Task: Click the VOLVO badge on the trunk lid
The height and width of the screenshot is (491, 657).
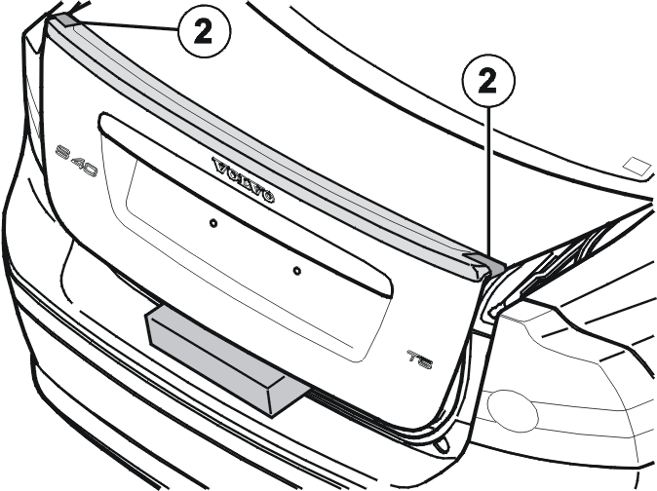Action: tap(244, 180)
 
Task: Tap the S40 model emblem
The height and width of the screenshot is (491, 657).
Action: tap(77, 161)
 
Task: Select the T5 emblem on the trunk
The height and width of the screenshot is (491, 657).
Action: tap(420, 359)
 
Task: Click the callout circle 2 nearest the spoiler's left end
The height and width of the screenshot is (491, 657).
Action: tap(204, 32)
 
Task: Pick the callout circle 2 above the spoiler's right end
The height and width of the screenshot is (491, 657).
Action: tap(488, 80)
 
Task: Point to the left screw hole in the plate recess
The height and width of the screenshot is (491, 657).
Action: tap(213, 223)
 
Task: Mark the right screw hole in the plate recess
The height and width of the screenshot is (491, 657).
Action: tap(296, 271)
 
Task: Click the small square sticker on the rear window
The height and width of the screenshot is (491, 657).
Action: tap(638, 167)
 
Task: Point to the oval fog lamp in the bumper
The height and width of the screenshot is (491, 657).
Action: tap(513, 411)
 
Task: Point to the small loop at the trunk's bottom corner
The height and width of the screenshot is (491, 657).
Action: tap(442, 444)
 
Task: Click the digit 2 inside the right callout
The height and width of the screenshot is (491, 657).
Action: tap(487, 81)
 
